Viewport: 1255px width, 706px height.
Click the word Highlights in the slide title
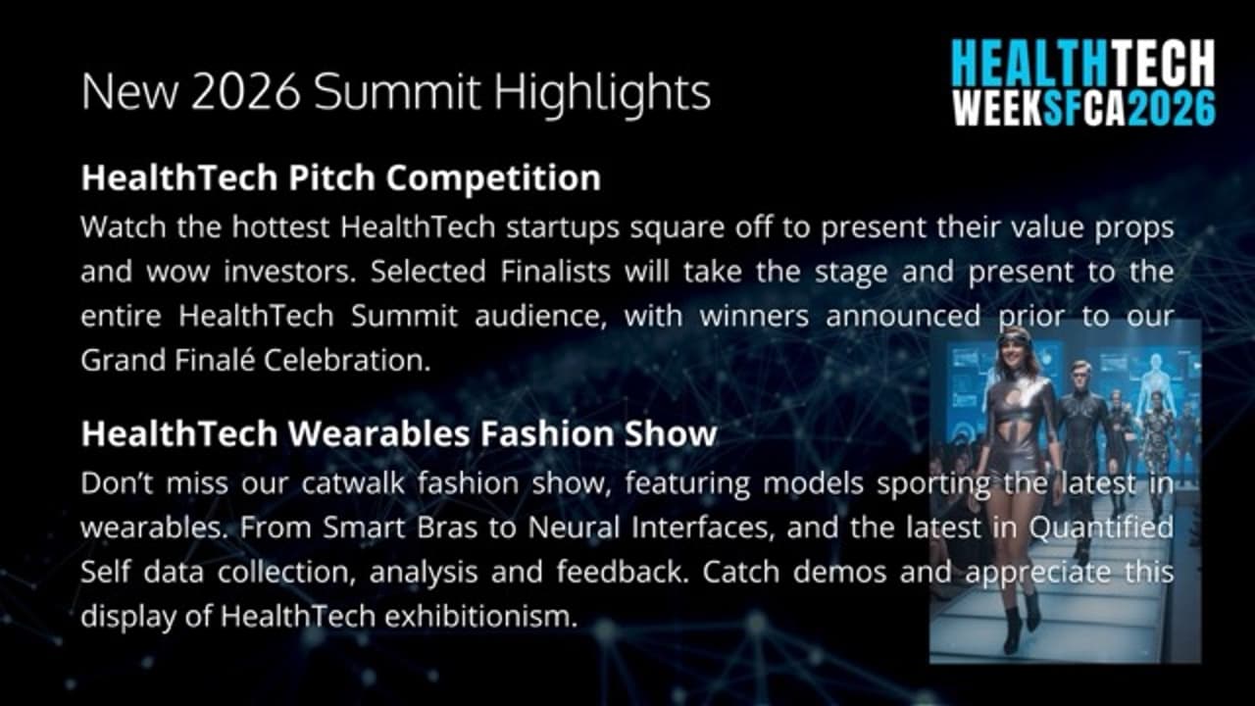coord(602,92)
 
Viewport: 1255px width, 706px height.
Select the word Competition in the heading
coord(493,178)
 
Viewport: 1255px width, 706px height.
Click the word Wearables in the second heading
coord(379,433)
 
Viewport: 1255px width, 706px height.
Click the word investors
coord(289,273)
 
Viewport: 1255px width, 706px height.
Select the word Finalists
coord(555,272)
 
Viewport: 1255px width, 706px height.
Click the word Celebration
coord(347,360)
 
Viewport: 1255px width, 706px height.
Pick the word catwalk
coord(353,483)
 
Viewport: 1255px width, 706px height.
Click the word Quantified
coord(1101,528)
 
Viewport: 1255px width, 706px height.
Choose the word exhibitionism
coord(480,617)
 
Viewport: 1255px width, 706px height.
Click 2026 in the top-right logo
coord(1172,108)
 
